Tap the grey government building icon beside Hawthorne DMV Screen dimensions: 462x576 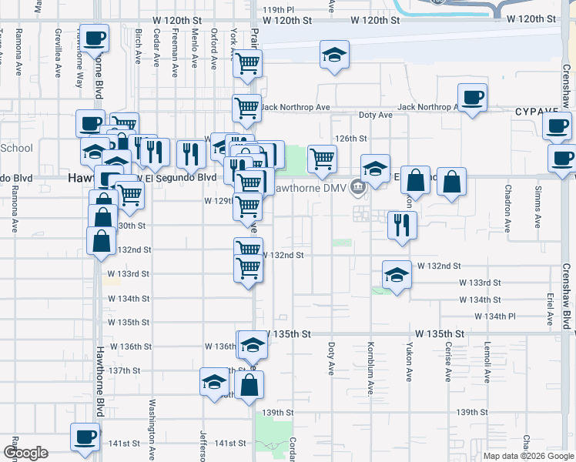[357, 186]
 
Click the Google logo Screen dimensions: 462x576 [25, 453]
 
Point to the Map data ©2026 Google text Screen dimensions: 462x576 [527, 455]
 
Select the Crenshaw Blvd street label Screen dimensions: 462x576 [566, 301]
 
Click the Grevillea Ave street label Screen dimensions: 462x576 [59, 53]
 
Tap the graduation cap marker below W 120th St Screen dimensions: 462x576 [334, 56]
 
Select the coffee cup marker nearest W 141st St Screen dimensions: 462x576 [85, 437]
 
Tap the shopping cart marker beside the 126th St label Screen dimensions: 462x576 [322, 159]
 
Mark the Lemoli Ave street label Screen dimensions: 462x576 [487, 361]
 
